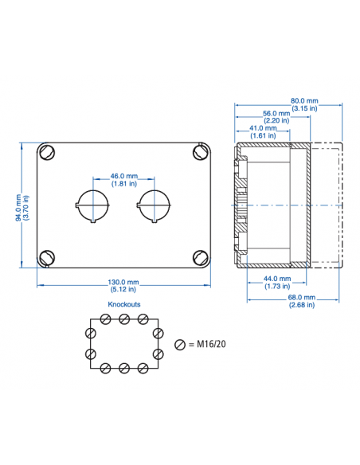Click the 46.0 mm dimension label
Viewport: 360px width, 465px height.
point(123,175)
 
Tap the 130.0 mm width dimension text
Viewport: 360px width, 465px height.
point(123,283)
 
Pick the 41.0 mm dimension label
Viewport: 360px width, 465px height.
point(262,128)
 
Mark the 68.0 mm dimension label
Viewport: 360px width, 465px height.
point(302,297)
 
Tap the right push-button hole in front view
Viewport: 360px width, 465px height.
point(153,205)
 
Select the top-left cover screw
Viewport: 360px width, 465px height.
point(49,151)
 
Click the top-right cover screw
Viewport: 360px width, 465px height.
point(199,151)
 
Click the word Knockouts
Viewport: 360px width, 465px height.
point(123,305)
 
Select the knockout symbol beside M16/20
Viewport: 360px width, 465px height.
point(180,344)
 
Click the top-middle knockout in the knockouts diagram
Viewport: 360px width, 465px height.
point(124,319)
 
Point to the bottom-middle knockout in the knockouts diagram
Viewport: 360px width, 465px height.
point(124,368)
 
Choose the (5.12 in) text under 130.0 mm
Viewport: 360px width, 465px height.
point(123,290)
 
